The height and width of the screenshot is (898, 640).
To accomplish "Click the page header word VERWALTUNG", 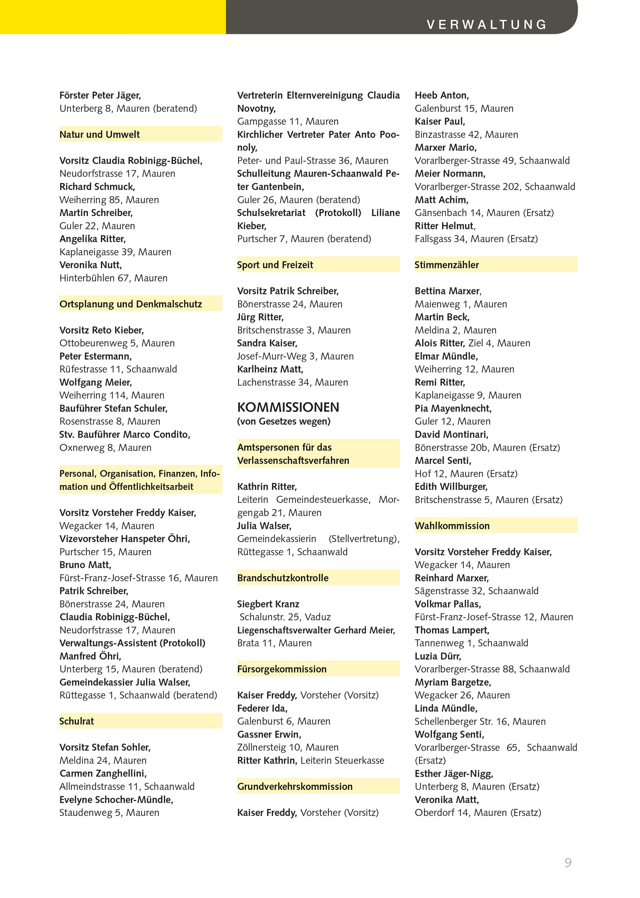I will point(487,24).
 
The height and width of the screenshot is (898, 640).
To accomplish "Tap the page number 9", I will point(568,863).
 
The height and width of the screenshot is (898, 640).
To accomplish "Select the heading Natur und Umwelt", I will point(100,134).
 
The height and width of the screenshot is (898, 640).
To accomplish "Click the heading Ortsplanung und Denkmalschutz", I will point(130,304).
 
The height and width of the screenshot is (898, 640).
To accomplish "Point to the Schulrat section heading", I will point(77,721).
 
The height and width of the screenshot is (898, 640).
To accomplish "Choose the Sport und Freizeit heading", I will point(275,265).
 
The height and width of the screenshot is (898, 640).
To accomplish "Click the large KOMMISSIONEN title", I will point(288,407).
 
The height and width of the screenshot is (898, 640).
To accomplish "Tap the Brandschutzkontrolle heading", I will point(283,578).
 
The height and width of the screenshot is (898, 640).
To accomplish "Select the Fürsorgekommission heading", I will point(282,669).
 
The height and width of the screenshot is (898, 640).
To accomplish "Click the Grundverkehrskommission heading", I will point(295,786).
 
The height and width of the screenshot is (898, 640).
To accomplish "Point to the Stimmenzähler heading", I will point(447,265).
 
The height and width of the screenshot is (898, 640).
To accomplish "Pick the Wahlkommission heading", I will point(452,526).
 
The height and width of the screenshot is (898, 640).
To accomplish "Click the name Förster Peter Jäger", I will point(100,95).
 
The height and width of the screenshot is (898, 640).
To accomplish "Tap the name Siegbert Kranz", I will point(268,604).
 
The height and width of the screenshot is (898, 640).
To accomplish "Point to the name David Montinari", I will point(452,434).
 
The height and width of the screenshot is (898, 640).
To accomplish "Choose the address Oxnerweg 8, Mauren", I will point(105,447).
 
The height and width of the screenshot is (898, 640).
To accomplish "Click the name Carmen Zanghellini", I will point(103,773).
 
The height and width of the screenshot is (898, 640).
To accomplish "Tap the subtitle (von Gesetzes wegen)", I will point(284,421).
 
